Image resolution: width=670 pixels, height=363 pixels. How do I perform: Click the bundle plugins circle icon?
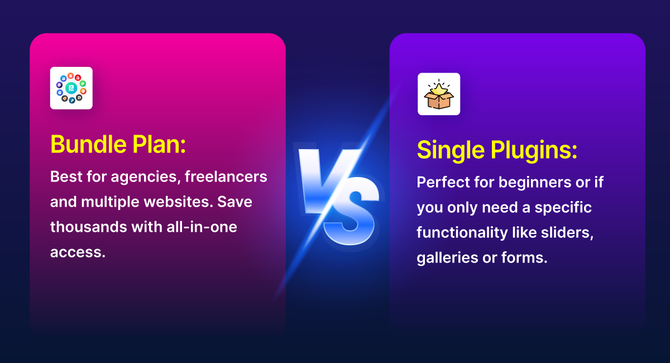click(71, 88)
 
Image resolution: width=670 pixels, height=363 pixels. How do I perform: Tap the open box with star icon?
click(439, 94)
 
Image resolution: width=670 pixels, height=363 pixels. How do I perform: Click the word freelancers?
click(226, 176)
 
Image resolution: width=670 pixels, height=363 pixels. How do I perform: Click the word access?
click(78, 252)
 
